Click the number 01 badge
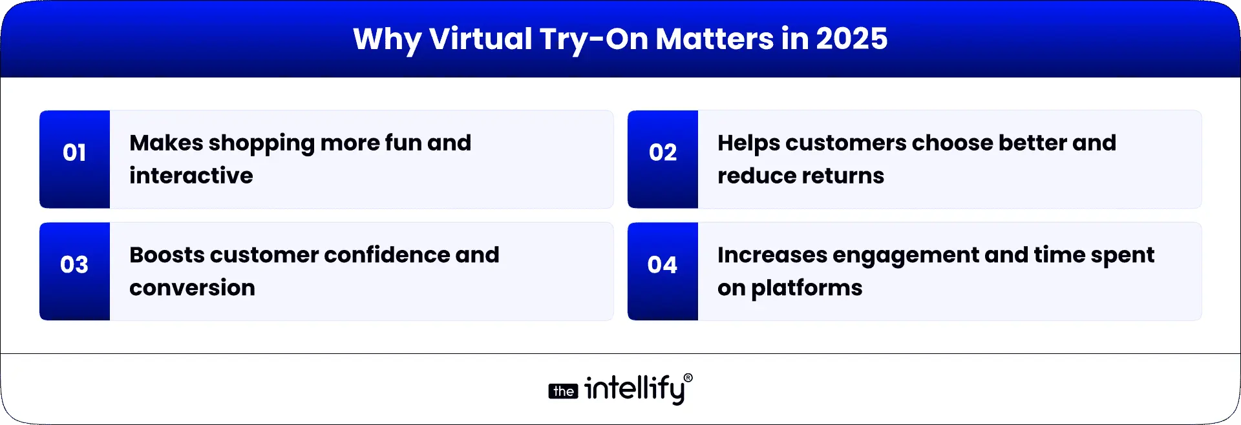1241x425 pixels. click(74, 153)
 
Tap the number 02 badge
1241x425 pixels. click(663, 153)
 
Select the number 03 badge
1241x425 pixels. click(74, 265)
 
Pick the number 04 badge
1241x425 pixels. click(663, 265)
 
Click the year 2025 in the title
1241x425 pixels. click(851, 39)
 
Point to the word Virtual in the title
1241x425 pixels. click(480, 39)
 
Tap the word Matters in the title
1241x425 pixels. click(714, 39)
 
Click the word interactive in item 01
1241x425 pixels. click(191, 176)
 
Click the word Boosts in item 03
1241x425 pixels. click(167, 255)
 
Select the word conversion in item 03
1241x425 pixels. click(192, 288)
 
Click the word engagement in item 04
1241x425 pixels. click(905, 256)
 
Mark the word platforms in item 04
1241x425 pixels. click(807, 289)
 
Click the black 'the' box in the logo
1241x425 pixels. click(563, 391)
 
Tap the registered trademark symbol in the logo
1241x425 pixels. click(688, 378)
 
